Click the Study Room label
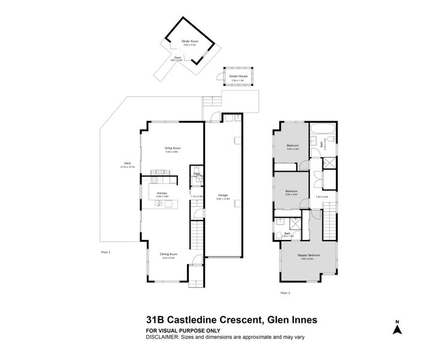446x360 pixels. [x=189, y=41]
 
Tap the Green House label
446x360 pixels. [x=239, y=77]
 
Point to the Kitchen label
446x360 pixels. [x=162, y=193]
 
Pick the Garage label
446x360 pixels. [x=223, y=195]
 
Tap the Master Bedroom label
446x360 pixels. [x=309, y=255]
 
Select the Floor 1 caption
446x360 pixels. [x=106, y=252]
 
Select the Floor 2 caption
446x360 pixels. [x=285, y=292]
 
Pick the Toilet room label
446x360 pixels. [x=196, y=175]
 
